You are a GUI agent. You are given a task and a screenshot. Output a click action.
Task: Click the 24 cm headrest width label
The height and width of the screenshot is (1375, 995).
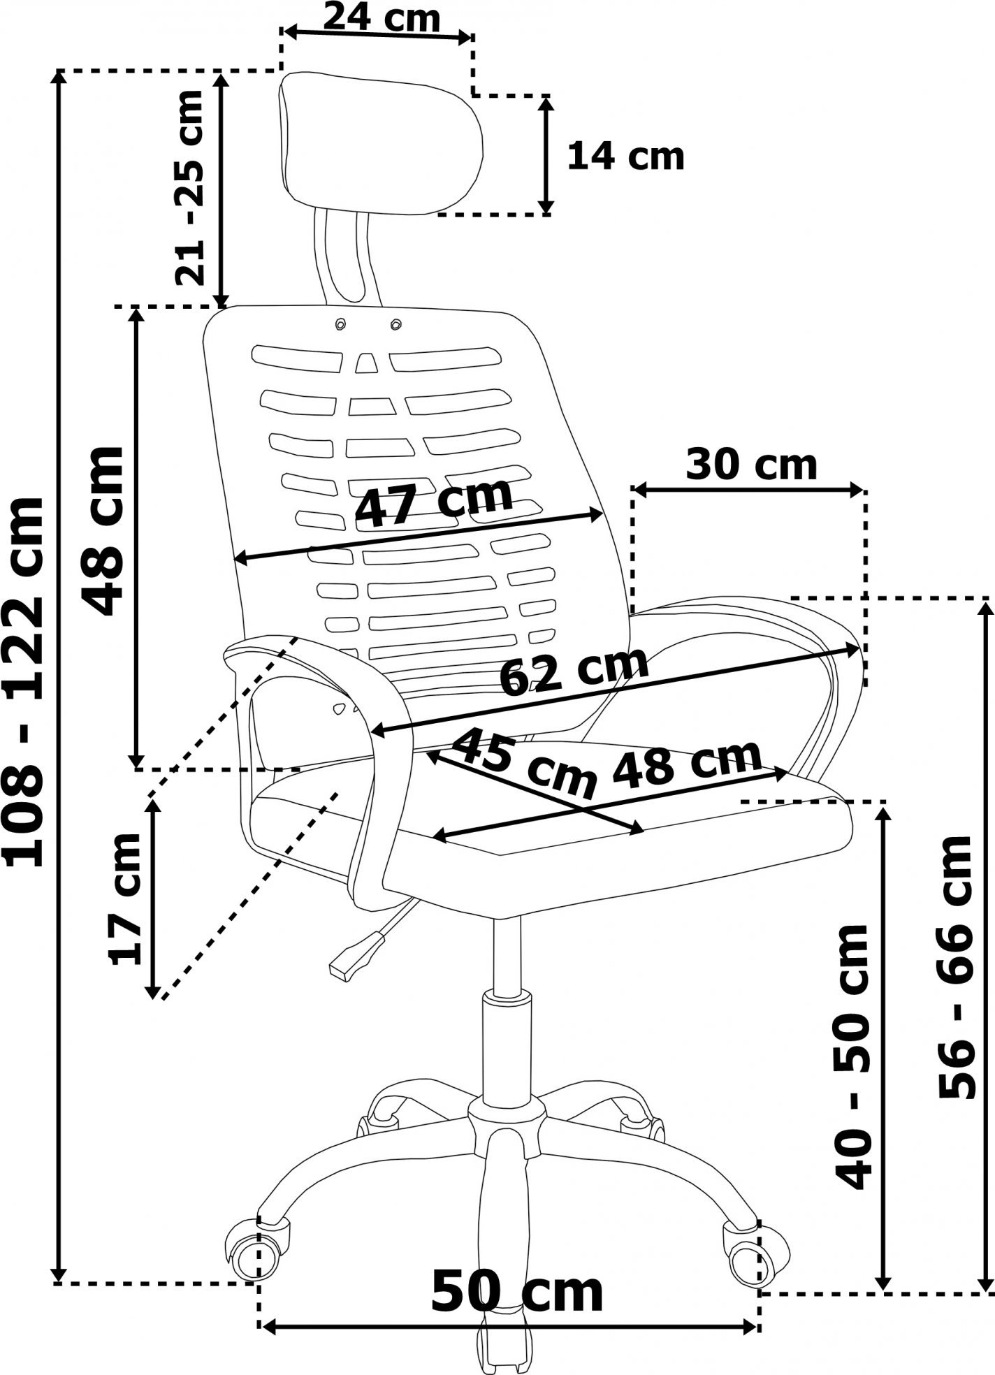point(382,17)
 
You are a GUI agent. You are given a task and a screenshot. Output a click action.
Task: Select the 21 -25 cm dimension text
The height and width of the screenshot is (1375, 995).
point(189,188)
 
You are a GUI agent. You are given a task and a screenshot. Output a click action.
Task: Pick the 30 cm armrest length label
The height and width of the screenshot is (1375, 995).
point(751,465)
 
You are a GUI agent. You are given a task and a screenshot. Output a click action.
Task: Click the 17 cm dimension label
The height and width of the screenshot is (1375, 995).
point(126,899)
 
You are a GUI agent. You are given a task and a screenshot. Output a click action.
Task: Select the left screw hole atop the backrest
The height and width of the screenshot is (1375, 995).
point(341,324)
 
